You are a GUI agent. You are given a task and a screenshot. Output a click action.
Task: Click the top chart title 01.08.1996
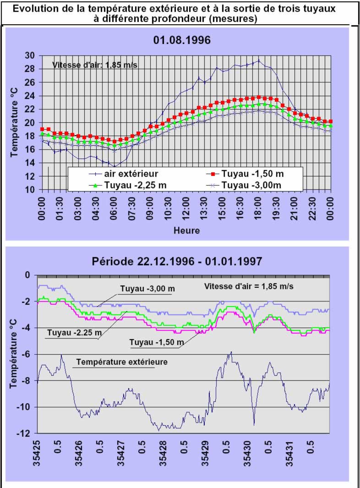[x=182, y=40]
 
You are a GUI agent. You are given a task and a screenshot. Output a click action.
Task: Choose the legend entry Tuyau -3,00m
[x=255, y=185]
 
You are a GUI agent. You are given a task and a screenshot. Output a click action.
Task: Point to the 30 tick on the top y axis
[x=30, y=55]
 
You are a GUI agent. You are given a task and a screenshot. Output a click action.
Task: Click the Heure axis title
[x=186, y=230]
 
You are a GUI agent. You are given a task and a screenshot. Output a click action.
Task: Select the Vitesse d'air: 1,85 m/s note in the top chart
[x=95, y=65]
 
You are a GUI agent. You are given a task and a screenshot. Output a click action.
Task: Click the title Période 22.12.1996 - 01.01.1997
[x=183, y=262]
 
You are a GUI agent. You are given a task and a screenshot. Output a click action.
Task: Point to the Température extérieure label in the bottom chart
[x=122, y=362]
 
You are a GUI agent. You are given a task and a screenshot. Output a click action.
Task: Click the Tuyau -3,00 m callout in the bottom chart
[x=148, y=289]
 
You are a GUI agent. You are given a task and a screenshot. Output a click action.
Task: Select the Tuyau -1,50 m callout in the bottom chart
[x=157, y=342]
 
